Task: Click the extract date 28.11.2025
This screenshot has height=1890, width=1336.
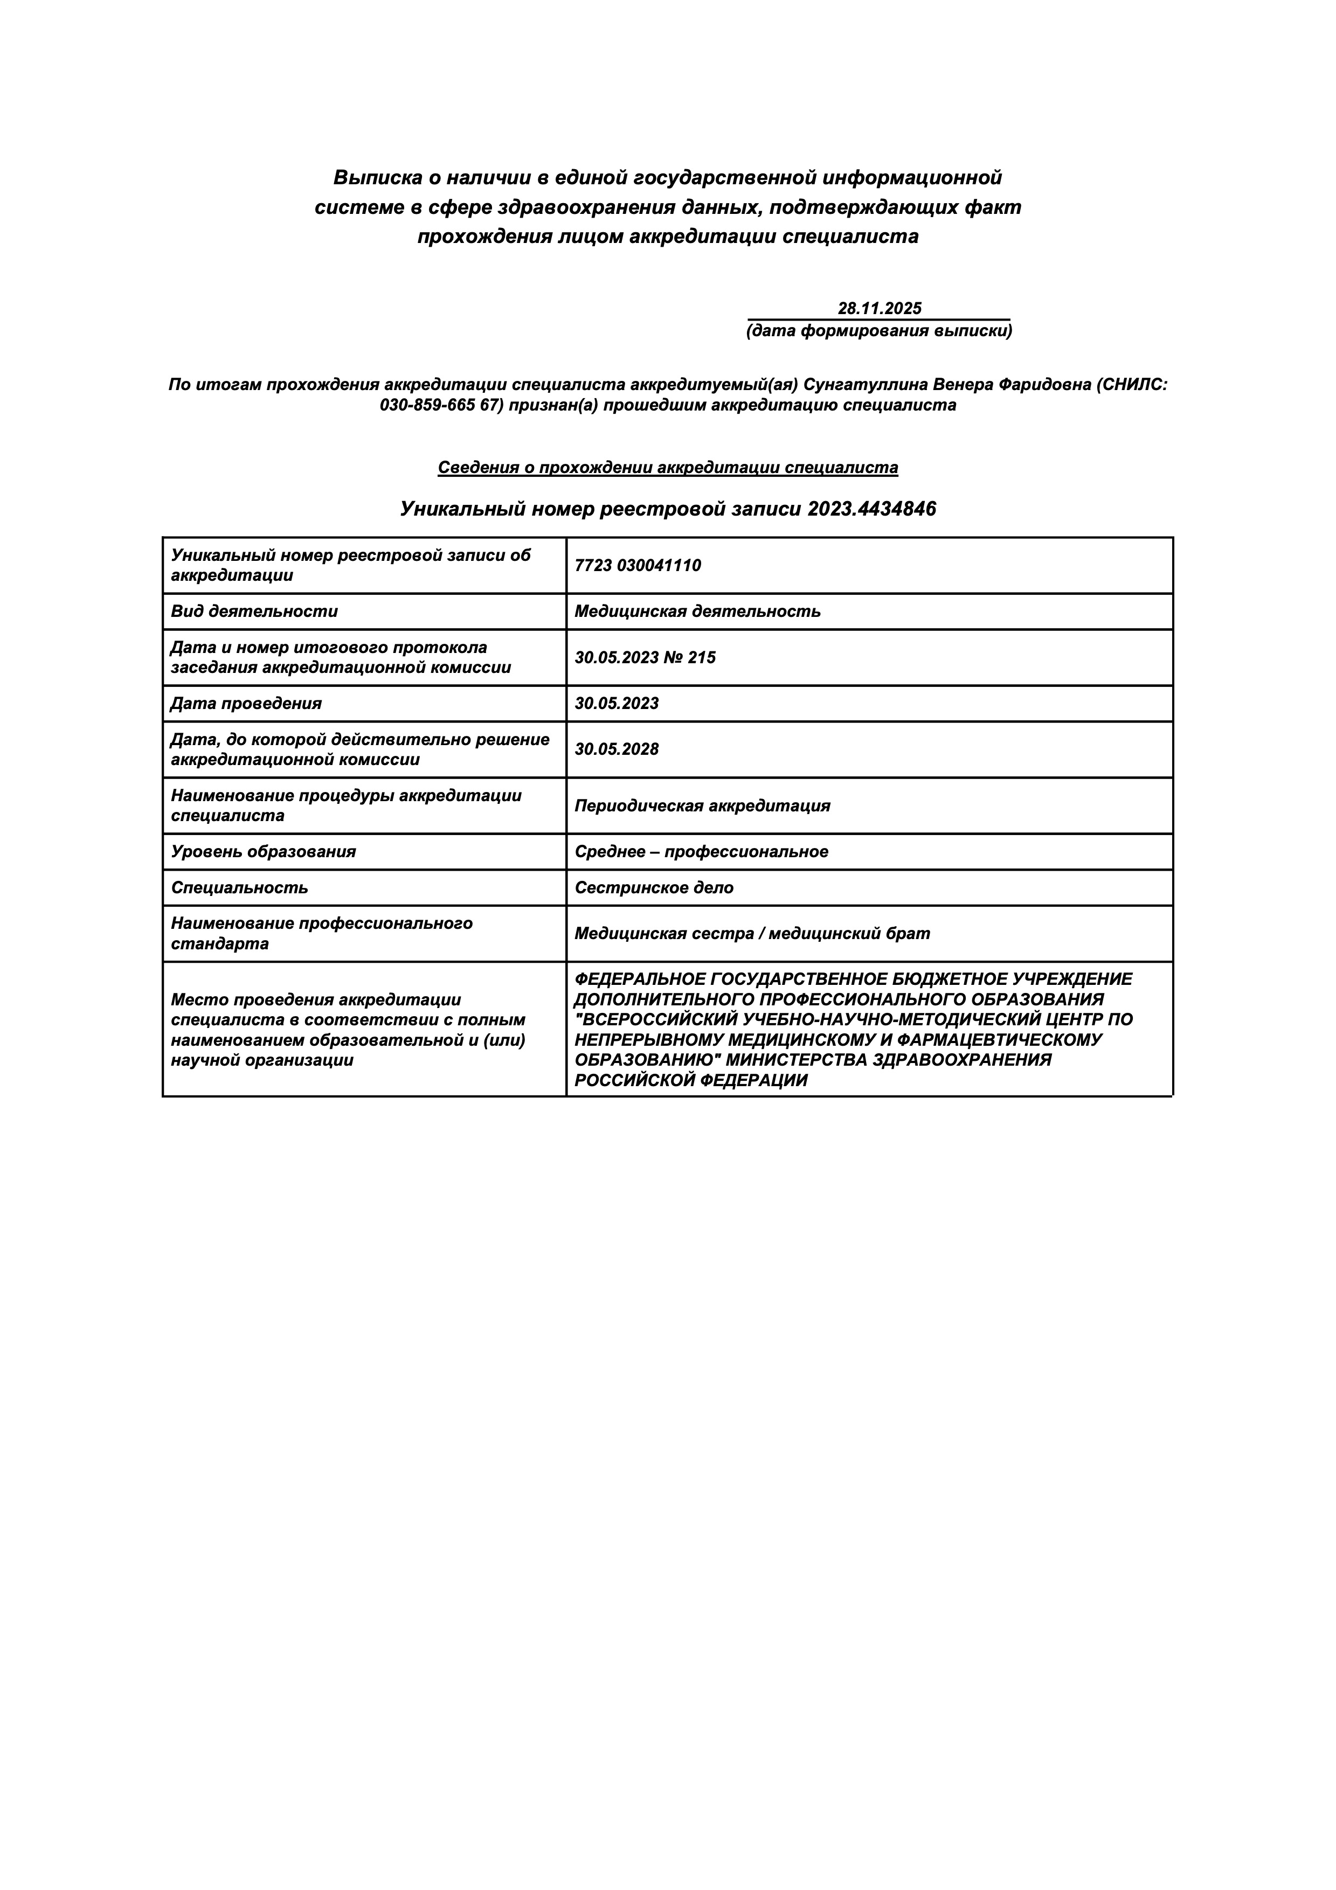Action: [879, 309]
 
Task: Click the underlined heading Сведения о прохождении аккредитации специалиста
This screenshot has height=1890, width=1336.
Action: [668, 468]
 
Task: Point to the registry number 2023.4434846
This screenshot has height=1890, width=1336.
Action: [872, 510]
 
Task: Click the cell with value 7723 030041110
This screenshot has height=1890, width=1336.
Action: [638, 566]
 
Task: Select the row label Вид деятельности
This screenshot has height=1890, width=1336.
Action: [254, 612]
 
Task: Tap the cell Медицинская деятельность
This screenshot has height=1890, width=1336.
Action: [697, 612]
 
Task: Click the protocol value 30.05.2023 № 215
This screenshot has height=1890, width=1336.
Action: [645, 658]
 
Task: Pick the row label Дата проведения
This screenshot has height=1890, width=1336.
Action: [246, 704]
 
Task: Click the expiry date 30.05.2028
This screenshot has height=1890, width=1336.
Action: [617, 750]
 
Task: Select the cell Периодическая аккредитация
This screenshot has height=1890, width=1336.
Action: [702, 806]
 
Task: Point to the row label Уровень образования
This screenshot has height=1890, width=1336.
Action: [264, 852]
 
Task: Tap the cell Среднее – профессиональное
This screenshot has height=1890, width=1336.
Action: [701, 852]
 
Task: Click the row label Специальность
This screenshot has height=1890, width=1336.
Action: [239, 888]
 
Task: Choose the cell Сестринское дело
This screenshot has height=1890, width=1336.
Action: [654, 888]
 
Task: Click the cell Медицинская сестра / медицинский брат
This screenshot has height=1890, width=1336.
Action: [752, 934]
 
